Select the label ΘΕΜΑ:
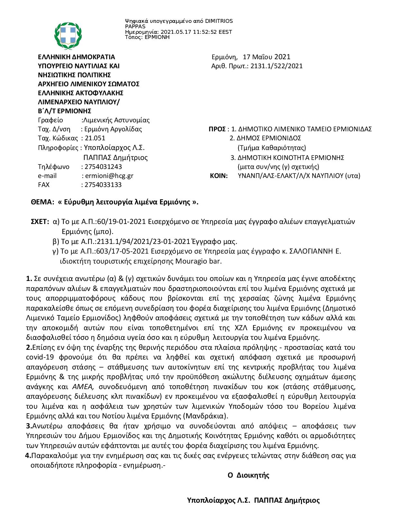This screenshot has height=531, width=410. (x=42, y=202)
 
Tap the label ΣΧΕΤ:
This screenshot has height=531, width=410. (x=40, y=222)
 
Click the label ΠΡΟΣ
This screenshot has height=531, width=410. (x=217, y=129)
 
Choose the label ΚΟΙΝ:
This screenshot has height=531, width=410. (x=219, y=176)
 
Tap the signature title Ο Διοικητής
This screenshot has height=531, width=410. (x=248, y=476)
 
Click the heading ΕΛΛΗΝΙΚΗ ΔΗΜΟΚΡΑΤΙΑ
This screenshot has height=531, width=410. (x=76, y=57)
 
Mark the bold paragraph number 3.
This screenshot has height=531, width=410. (x=28, y=426)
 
